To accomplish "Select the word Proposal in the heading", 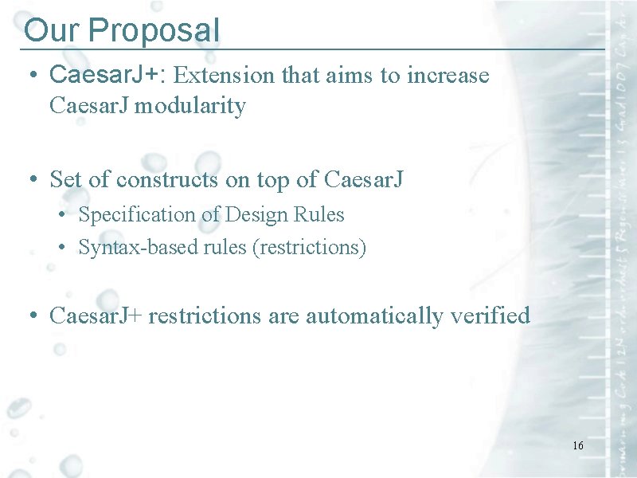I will click(154, 30).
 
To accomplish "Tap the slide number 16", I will click(577, 445).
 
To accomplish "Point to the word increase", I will click(447, 76).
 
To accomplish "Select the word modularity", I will click(190, 105).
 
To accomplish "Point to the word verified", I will click(490, 316).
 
